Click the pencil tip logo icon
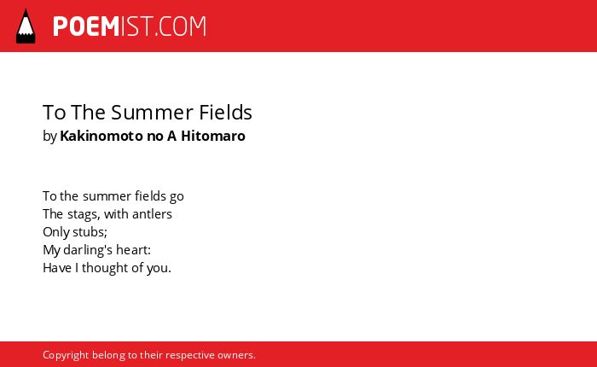26,26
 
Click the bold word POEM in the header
86,26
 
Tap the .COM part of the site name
180,26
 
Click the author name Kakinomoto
101,136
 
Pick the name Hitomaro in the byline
213,136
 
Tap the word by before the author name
49,137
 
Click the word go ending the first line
177,196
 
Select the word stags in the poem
84,214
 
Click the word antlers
152,214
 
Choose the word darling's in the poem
88,250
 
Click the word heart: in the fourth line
133,250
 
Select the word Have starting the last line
57,268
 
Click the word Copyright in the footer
66,355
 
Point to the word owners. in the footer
236,355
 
